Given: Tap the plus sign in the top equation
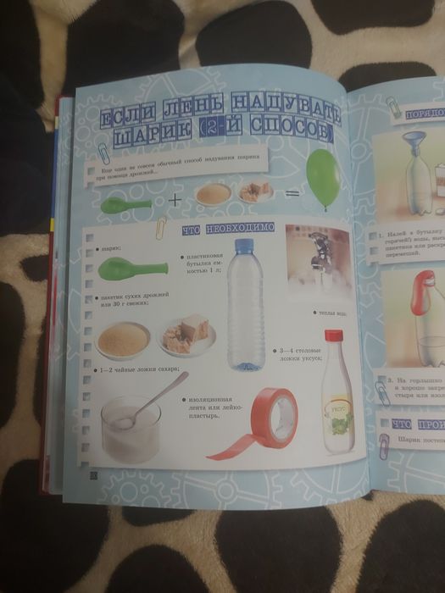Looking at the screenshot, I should point(175,201).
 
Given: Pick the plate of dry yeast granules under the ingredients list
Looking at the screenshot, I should point(123,338).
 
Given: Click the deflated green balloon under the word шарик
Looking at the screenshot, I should point(126,269).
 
